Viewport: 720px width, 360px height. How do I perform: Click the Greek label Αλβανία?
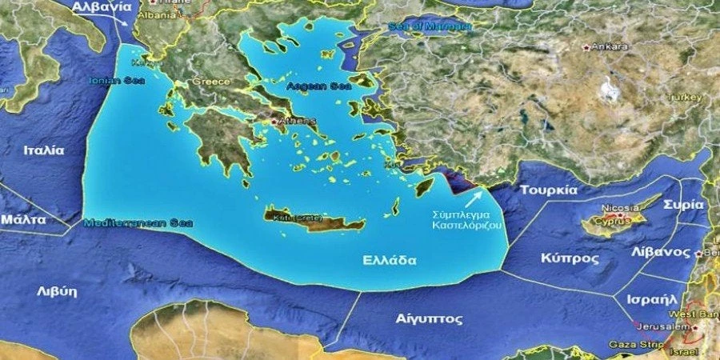(x=101, y=6)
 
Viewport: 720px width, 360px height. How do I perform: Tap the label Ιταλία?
(x=44, y=150)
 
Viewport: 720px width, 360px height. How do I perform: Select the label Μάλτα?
(x=23, y=218)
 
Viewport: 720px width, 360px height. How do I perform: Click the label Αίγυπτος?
(x=429, y=318)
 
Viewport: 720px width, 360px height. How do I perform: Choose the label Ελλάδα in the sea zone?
(x=389, y=260)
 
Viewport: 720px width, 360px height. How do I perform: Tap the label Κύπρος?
(x=570, y=259)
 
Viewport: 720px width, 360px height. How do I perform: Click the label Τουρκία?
(x=548, y=190)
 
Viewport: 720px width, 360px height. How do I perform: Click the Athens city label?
(x=298, y=122)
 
